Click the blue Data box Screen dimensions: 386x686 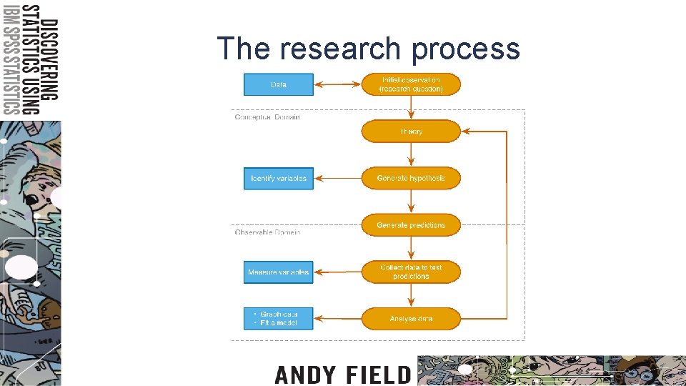279,84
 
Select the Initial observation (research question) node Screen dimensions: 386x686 411,84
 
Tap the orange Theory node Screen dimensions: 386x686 411,132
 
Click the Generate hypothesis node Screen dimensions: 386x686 411,178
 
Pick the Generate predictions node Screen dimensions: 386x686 411,225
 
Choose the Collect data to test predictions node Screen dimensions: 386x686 411,272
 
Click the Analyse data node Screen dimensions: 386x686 411,319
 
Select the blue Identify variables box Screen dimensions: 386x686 279,178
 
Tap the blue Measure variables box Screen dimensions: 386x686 279,272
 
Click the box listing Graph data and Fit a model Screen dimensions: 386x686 279,319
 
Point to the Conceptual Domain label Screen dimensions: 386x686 267,117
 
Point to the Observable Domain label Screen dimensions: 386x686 267,232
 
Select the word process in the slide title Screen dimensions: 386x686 466,49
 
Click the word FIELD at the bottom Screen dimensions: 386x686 378,375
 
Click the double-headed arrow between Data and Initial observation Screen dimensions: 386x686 337,84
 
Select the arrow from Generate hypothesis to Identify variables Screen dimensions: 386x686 337,178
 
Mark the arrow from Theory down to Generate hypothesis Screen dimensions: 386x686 411,154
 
